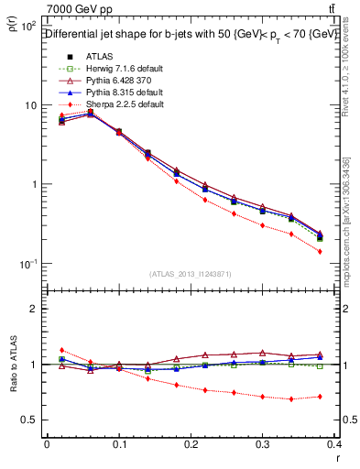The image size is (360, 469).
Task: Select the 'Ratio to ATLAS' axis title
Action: pyautogui.click(x=13, y=366)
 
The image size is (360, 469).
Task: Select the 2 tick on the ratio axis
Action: pyautogui.click(x=34, y=309)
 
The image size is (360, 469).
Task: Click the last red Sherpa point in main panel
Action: pyautogui.click(x=345, y=251)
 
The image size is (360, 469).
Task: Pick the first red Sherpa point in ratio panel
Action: pyautogui.click(x=61, y=350)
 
